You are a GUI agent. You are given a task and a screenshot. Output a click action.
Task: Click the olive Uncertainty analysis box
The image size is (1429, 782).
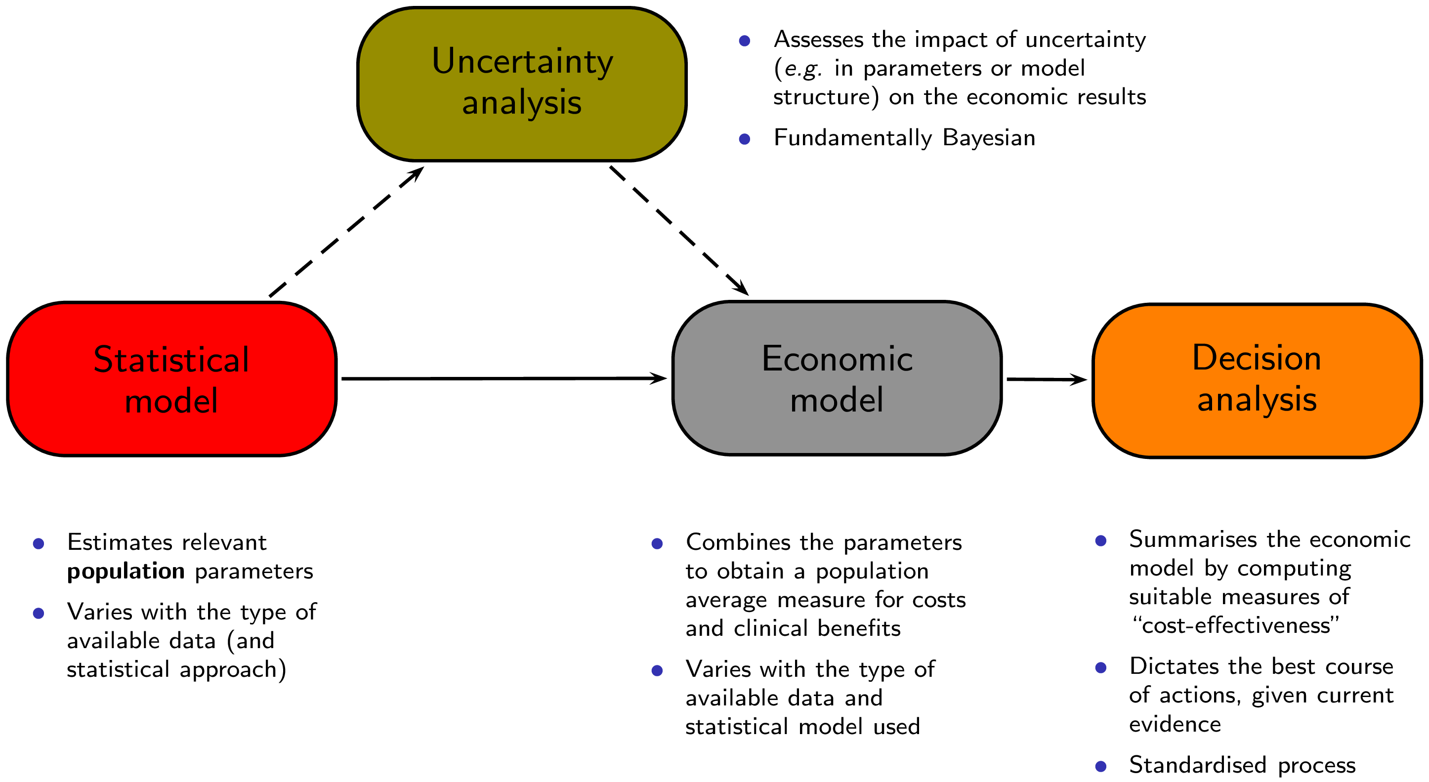pos(521,83)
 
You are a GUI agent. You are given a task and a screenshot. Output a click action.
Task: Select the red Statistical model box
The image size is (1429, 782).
pos(171,379)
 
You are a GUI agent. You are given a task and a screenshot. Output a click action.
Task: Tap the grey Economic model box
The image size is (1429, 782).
pos(837,378)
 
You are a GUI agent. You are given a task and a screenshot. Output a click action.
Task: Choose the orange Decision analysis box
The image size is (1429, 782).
pos(1257,380)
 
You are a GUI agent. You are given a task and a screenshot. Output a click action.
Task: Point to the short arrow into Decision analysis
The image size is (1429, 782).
pos(1046,380)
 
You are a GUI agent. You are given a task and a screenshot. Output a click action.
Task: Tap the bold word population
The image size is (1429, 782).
pos(126,571)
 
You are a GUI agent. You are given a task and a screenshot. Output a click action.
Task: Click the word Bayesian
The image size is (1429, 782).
pos(989,137)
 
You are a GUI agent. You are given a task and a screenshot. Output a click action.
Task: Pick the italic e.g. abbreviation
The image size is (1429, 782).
pos(803,69)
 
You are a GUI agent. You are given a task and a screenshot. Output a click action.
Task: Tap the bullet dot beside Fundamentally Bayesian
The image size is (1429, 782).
pos(745,139)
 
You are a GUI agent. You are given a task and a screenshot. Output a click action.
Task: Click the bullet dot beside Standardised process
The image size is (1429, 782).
pos(1100,767)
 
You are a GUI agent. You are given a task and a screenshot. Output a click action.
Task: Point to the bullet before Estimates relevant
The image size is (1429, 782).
pos(38,543)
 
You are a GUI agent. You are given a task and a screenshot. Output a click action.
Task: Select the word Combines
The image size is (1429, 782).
pos(738,542)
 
